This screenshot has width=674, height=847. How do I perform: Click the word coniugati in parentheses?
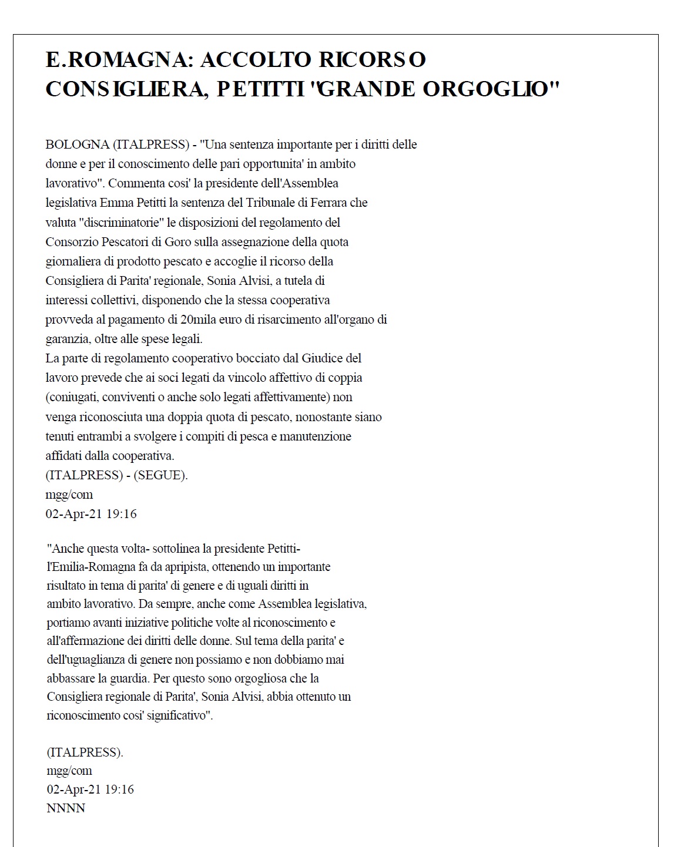pos(73,397)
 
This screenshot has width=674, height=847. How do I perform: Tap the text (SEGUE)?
pos(160,475)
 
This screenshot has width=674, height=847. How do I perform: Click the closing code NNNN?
pos(66,809)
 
